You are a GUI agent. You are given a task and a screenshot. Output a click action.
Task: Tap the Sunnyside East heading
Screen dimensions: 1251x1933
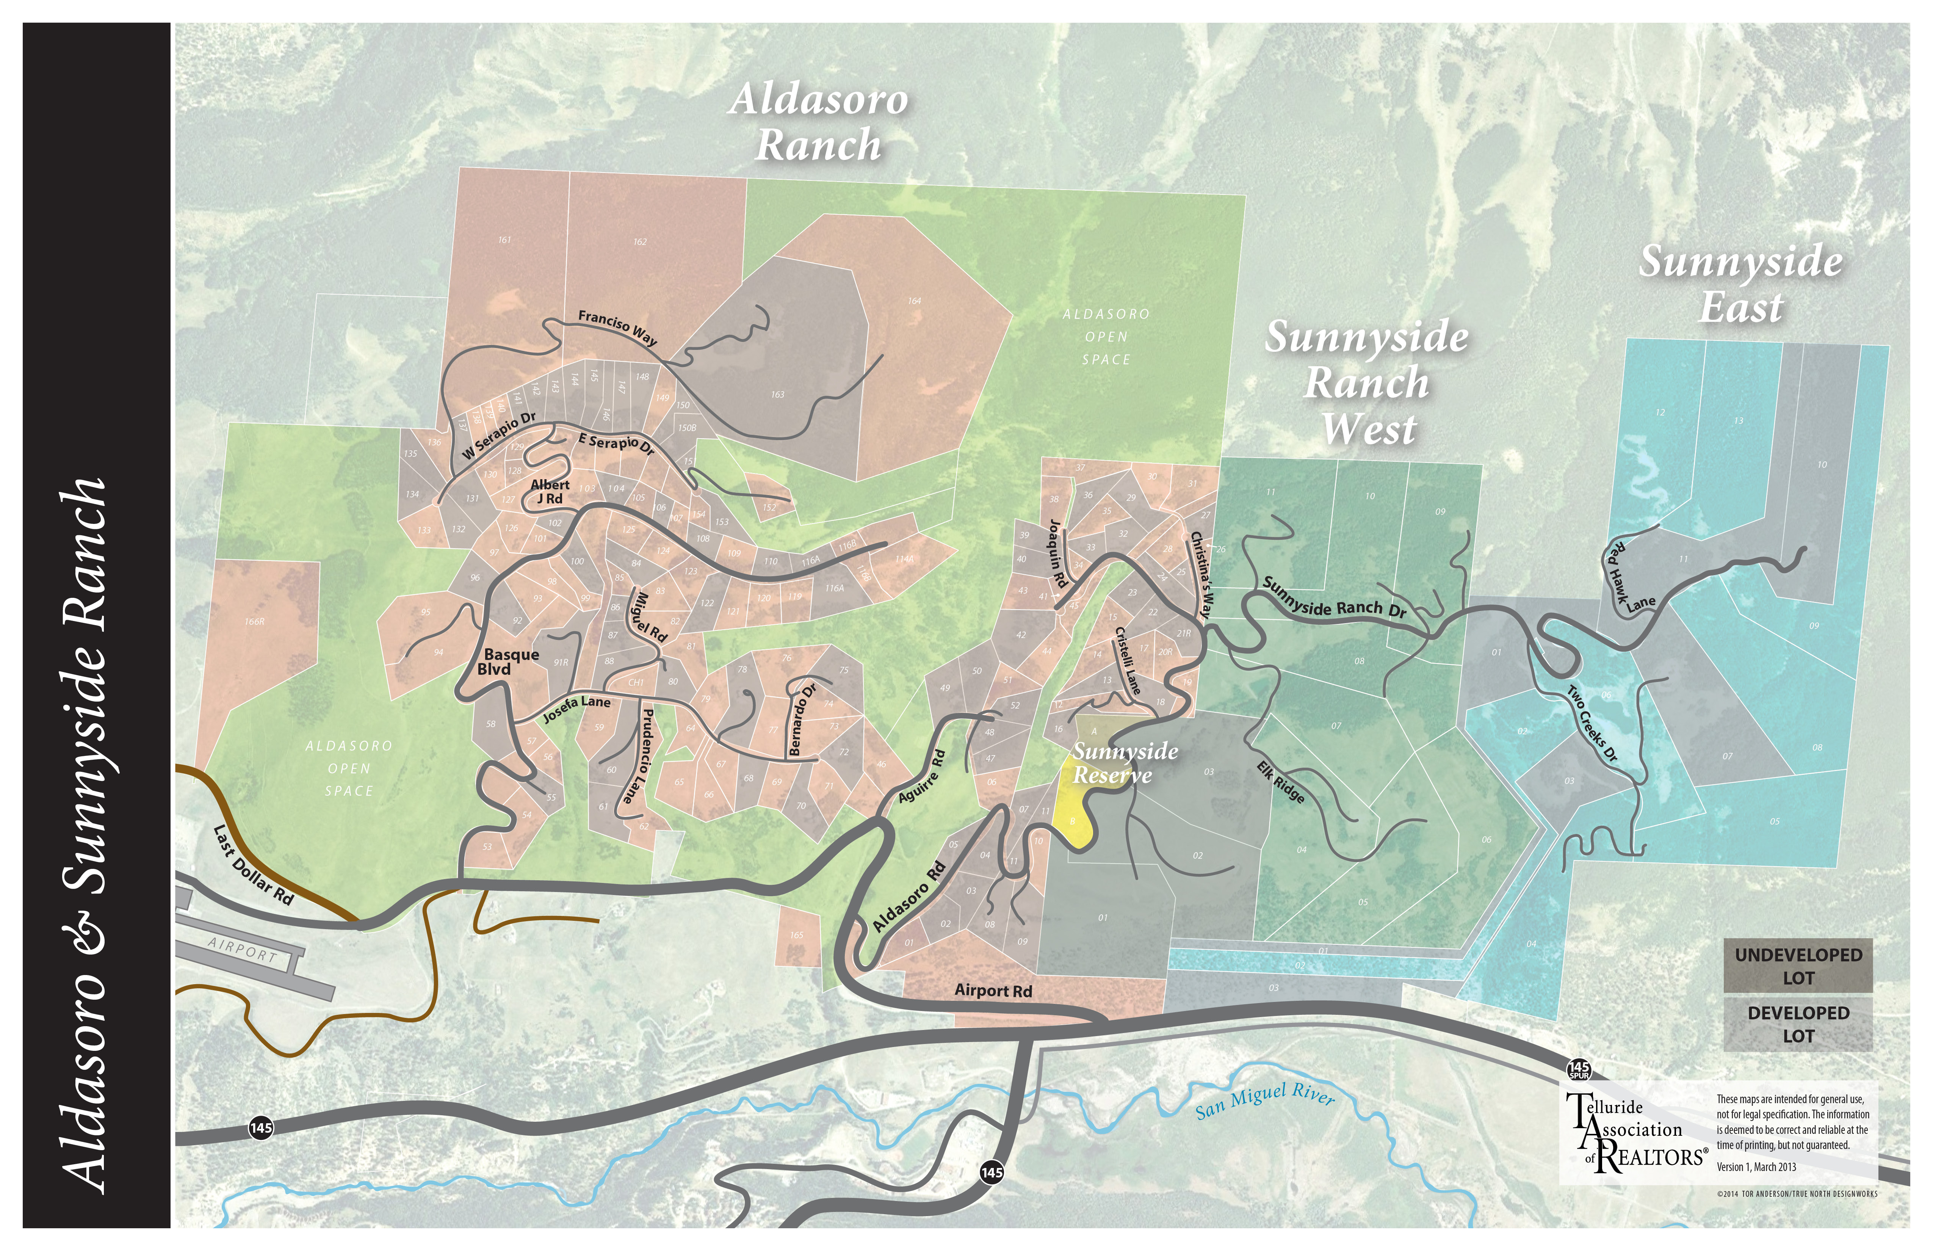(x=1740, y=284)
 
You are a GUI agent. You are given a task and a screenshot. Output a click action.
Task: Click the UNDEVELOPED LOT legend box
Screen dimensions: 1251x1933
(x=1798, y=966)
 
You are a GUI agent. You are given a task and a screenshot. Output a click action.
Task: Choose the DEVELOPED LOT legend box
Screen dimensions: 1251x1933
(x=1798, y=1024)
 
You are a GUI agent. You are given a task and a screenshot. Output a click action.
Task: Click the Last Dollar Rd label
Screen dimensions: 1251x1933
(x=252, y=864)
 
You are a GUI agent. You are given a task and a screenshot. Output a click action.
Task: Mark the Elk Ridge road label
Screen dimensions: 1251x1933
(x=1281, y=781)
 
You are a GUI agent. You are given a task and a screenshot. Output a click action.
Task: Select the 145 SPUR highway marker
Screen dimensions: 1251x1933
(x=1578, y=1069)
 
